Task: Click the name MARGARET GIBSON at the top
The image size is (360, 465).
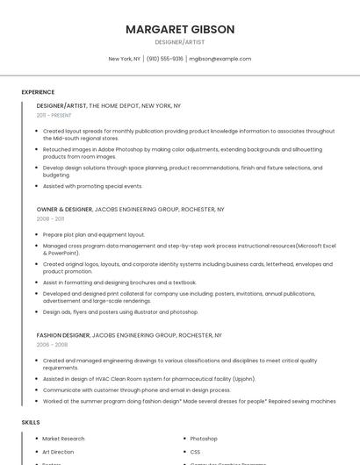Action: point(180,29)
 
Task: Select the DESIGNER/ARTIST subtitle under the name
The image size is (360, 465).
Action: point(180,42)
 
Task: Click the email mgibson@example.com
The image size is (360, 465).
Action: point(220,59)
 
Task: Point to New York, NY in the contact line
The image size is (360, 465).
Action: point(124,59)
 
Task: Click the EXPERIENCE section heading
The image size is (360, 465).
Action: point(38,92)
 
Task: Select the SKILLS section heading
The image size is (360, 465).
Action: point(31,422)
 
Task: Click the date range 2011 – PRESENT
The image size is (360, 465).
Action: point(54,115)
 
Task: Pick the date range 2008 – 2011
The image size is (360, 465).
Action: point(50,219)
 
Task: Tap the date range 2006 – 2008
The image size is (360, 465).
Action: point(51,345)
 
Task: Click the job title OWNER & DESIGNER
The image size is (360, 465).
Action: point(64,210)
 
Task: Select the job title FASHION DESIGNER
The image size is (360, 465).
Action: point(62,335)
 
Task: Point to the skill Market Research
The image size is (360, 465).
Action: point(63,438)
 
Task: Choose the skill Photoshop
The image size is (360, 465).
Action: point(204,438)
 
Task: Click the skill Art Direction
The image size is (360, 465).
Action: point(58,451)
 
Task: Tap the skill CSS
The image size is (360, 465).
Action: point(196,451)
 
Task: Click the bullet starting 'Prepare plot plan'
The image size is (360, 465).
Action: point(93,235)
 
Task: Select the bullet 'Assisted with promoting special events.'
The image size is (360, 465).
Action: point(92,186)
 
